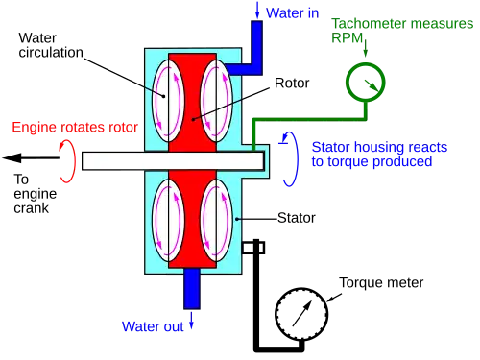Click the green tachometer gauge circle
pyautogui.click(x=366, y=64)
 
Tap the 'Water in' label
pyautogui.click(x=293, y=13)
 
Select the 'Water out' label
pyautogui.click(x=153, y=326)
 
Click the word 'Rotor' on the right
pyautogui.click(x=292, y=83)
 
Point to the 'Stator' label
pyautogui.click(x=297, y=218)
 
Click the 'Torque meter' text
pyautogui.click(x=381, y=282)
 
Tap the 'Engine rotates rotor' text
pyautogui.click(x=75, y=127)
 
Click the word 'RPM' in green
pyautogui.click(x=347, y=37)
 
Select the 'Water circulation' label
pyautogui.click(x=51, y=45)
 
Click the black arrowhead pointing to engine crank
pyautogui.click(x=12, y=157)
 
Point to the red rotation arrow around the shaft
pyautogui.click(x=74, y=161)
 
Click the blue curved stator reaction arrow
pyautogui.click(x=297, y=159)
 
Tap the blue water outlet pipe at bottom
pyautogui.click(x=192, y=289)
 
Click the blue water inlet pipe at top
pyautogui.click(x=256, y=48)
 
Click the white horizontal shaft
pyautogui.click(x=173, y=160)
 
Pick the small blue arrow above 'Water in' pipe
pyautogui.click(x=257, y=10)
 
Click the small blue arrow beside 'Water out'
pyautogui.click(x=191, y=321)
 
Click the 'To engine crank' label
pyautogui.click(x=35, y=194)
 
